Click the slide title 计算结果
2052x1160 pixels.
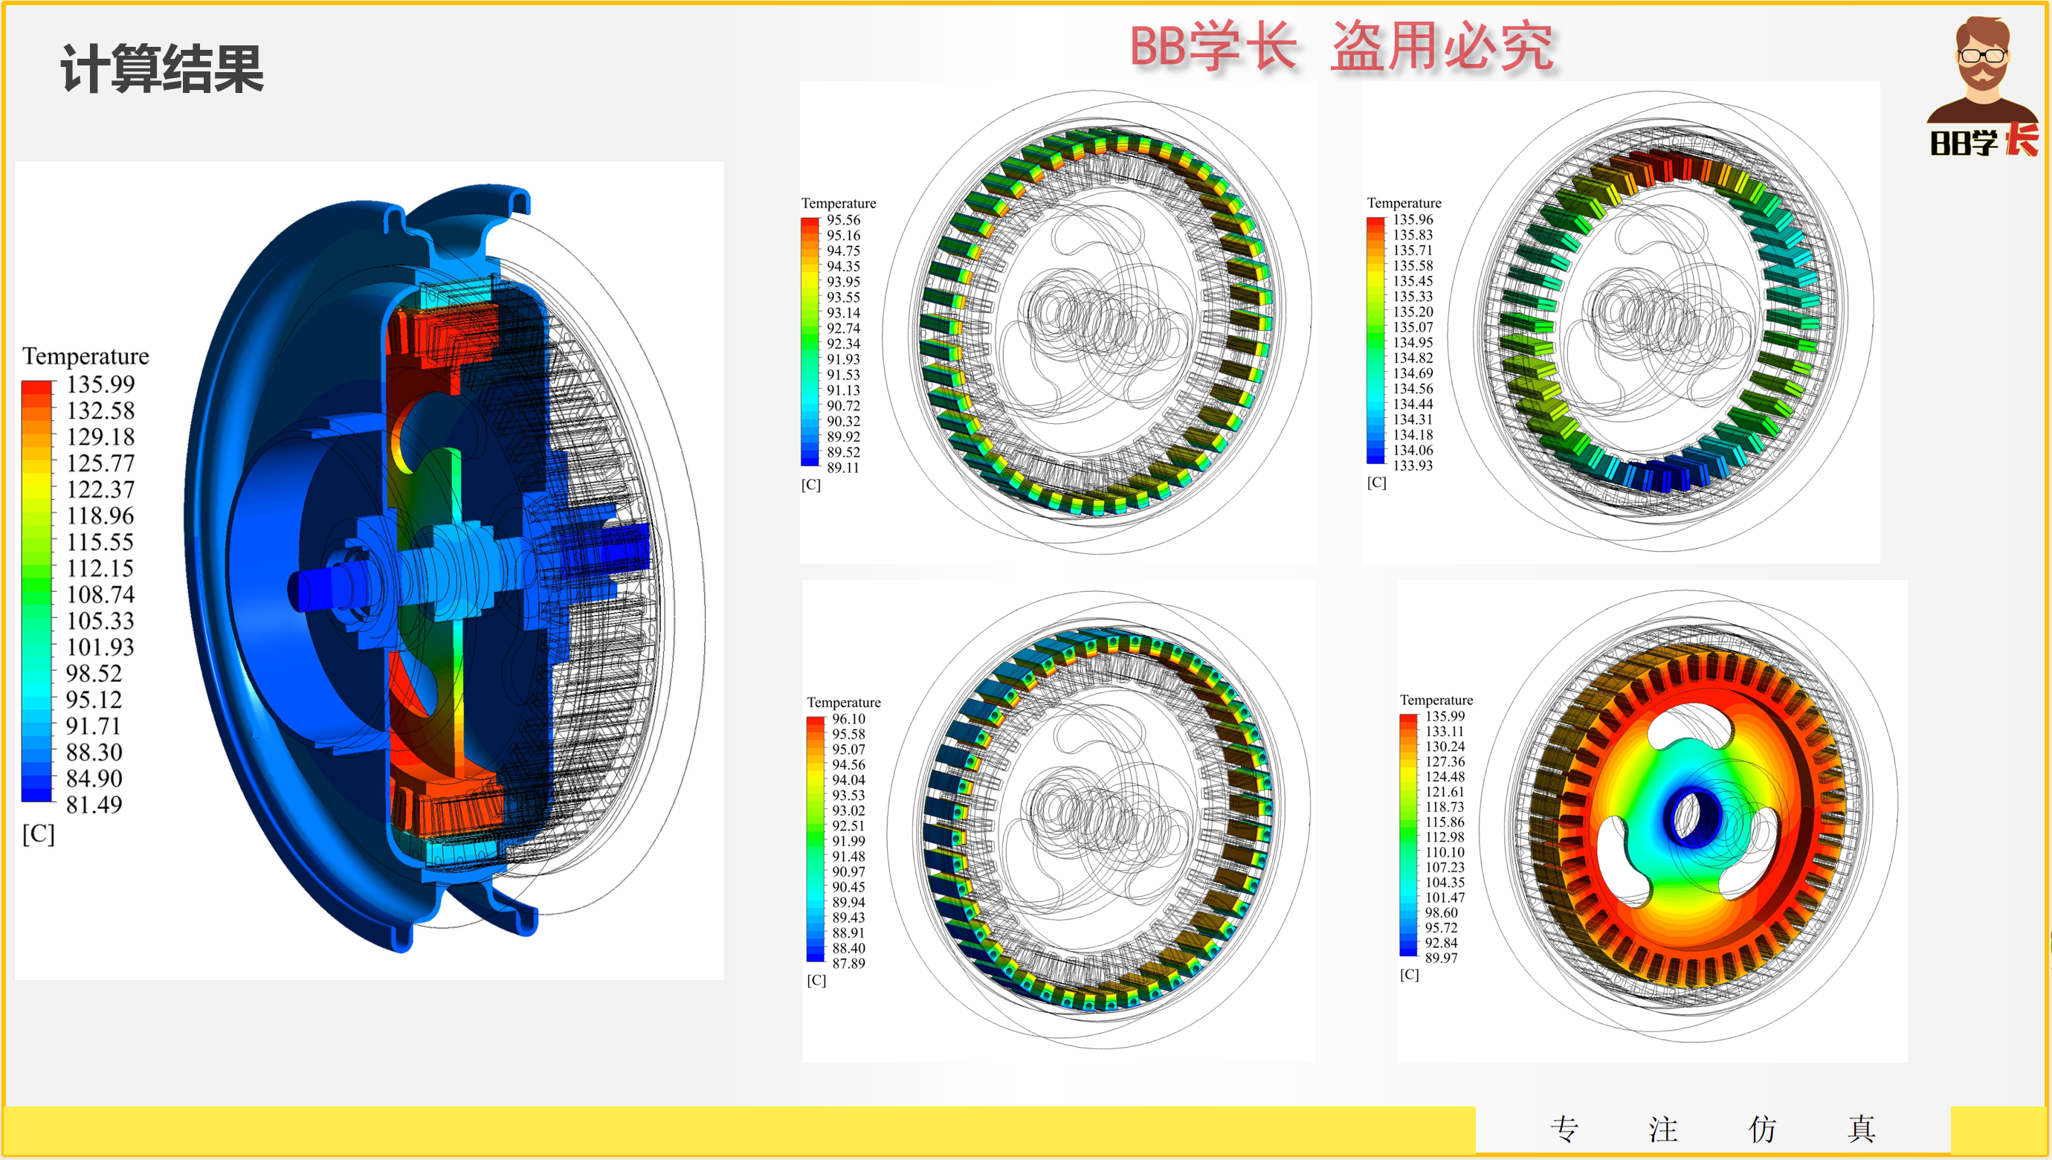click(162, 69)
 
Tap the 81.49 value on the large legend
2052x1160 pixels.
click(94, 805)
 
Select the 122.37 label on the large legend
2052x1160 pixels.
click(100, 489)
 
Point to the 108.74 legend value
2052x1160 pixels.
click(100, 594)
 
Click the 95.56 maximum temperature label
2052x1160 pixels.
click(843, 220)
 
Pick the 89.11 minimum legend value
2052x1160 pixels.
click(843, 468)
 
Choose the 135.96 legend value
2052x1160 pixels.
click(1413, 219)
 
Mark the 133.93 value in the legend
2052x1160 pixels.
click(1413, 465)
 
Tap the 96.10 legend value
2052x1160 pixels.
click(848, 718)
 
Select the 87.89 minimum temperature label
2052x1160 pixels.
click(848, 963)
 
